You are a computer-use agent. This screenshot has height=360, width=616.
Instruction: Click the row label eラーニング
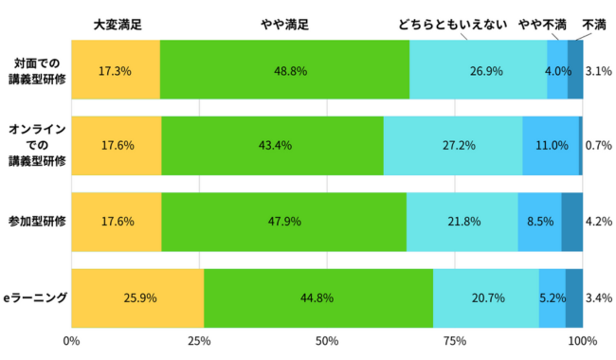[x=35, y=297]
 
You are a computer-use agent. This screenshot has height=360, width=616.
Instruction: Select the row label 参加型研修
[x=35, y=222]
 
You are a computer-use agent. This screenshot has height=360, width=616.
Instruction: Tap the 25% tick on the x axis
[x=199, y=341]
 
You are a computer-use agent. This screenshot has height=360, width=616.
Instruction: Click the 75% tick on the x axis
[x=455, y=341]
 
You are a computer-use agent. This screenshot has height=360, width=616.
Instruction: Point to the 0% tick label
[x=71, y=341]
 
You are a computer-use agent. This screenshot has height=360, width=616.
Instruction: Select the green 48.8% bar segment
[x=284, y=70]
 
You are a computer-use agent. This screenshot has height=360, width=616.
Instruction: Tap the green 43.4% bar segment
[x=272, y=146]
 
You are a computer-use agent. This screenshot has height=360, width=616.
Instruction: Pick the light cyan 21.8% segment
[x=462, y=222]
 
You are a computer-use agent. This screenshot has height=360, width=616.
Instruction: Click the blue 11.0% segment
[x=551, y=146]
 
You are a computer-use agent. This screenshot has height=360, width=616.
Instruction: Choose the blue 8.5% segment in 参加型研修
[x=539, y=222]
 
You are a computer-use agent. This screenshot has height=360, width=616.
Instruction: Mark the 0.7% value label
[x=597, y=146]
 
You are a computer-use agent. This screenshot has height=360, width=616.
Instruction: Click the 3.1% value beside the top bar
[x=597, y=70]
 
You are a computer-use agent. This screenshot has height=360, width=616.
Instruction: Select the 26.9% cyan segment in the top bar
[x=479, y=70]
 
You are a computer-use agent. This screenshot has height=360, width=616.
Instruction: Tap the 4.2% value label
[x=597, y=222]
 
